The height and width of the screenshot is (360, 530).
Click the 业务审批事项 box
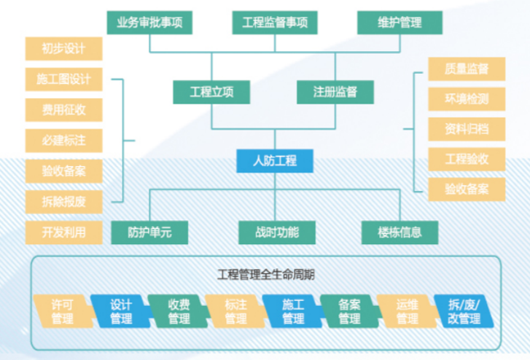149,22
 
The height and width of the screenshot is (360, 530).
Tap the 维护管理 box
400,22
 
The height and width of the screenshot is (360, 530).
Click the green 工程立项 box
211,92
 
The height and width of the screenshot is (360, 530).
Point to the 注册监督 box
335,92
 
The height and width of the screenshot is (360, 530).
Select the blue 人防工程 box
275,160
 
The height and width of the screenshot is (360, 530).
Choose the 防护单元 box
149,232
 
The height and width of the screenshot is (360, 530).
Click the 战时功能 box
275,232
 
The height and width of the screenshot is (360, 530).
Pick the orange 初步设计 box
63,50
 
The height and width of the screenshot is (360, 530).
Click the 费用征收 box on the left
63,109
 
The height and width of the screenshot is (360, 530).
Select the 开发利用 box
63,232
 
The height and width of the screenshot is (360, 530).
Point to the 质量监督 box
467,69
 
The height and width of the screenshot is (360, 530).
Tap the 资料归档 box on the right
467,129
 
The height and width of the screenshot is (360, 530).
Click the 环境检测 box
467,99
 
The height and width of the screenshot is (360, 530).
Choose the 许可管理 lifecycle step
63,311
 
